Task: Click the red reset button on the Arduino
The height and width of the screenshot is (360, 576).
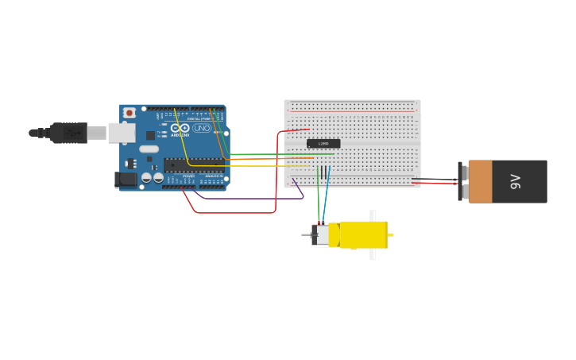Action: coord(129,113)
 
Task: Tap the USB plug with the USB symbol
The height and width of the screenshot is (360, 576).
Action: coord(69,133)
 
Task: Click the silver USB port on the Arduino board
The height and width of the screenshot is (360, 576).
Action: coord(121,133)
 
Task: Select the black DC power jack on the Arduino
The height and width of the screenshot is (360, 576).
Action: coord(126,180)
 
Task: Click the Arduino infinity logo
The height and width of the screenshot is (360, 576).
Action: coord(180,128)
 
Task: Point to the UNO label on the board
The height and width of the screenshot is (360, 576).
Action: coord(201,128)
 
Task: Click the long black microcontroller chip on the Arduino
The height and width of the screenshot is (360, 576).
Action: coord(194,165)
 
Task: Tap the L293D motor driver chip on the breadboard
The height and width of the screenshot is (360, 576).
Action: coord(323,144)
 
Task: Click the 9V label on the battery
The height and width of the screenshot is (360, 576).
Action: coord(515,181)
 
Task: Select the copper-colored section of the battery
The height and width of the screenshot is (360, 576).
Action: coord(480,181)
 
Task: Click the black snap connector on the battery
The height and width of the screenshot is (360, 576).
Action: coord(460,181)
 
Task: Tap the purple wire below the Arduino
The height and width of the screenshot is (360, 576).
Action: coord(246,198)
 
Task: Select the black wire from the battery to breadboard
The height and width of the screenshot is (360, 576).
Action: coord(437,179)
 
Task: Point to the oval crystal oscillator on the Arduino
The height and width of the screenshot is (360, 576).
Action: coord(149,149)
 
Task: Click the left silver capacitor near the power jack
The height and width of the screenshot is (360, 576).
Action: coord(147,178)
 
